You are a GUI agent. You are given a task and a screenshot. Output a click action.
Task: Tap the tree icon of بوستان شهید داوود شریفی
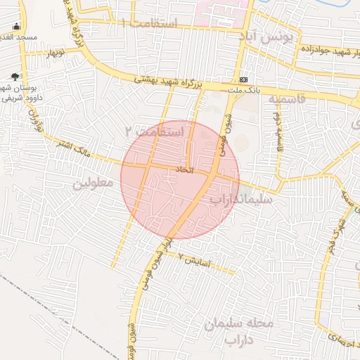(15, 77)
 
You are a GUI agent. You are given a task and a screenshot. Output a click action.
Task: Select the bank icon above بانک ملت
(243, 79)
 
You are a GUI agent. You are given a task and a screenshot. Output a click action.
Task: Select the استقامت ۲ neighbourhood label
(154, 131)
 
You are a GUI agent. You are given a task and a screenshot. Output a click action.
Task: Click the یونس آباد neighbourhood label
(266, 36)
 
